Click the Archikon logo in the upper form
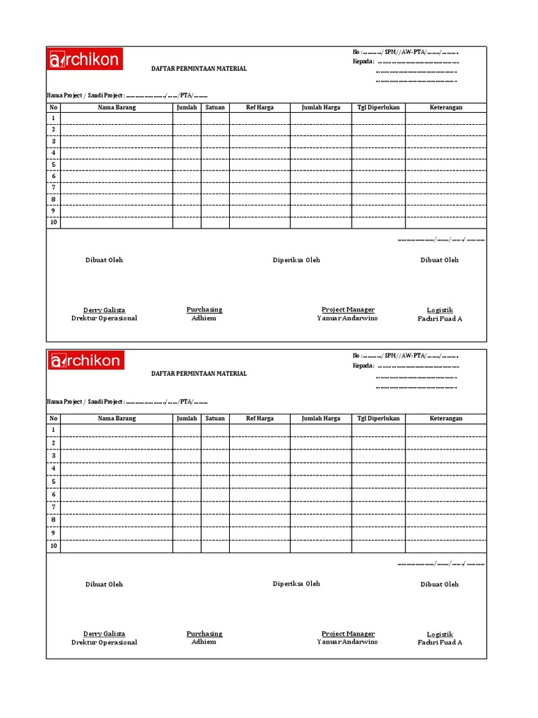[85, 60]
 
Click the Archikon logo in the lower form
[85, 361]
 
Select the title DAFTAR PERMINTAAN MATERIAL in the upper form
[199, 69]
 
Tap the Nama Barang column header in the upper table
[116, 107]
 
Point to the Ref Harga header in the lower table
[260, 419]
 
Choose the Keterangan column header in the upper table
[446, 107]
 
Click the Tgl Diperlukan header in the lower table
[378, 419]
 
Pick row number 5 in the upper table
[53, 165]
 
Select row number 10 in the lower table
[53, 546]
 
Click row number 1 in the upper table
[53, 118]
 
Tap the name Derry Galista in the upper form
[104, 310]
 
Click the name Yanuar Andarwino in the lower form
[347, 642]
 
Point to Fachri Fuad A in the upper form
[440, 318]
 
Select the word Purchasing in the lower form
[204, 633]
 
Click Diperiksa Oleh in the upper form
[296, 260]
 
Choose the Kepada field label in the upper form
[363, 61]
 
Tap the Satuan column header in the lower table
[215, 419]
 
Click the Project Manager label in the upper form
[347, 309]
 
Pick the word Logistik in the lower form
[440, 634]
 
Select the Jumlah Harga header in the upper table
[321, 107]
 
